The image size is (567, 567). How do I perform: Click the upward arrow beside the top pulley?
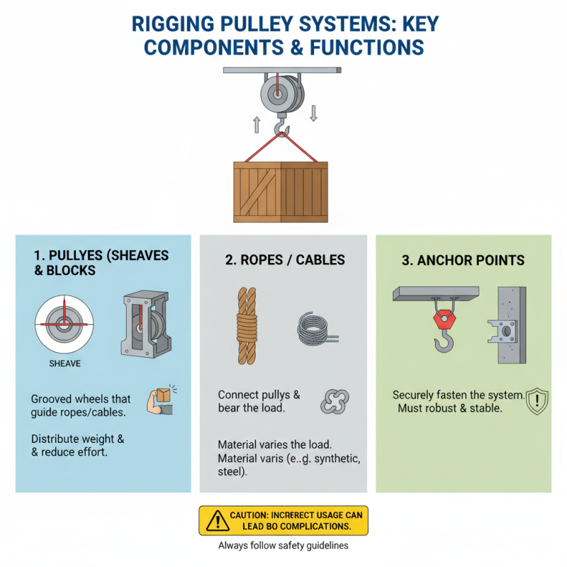click(257, 125)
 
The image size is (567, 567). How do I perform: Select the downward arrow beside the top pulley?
click(313, 112)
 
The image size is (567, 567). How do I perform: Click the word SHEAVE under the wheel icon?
click(65, 364)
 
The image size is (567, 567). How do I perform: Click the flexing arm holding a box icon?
click(160, 401)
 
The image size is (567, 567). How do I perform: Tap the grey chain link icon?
click(332, 401)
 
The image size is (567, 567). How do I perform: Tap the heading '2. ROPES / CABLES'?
click(285, 260)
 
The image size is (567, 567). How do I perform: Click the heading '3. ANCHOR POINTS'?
click(463, 260)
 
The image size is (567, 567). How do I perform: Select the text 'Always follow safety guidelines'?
click(283, 546)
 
